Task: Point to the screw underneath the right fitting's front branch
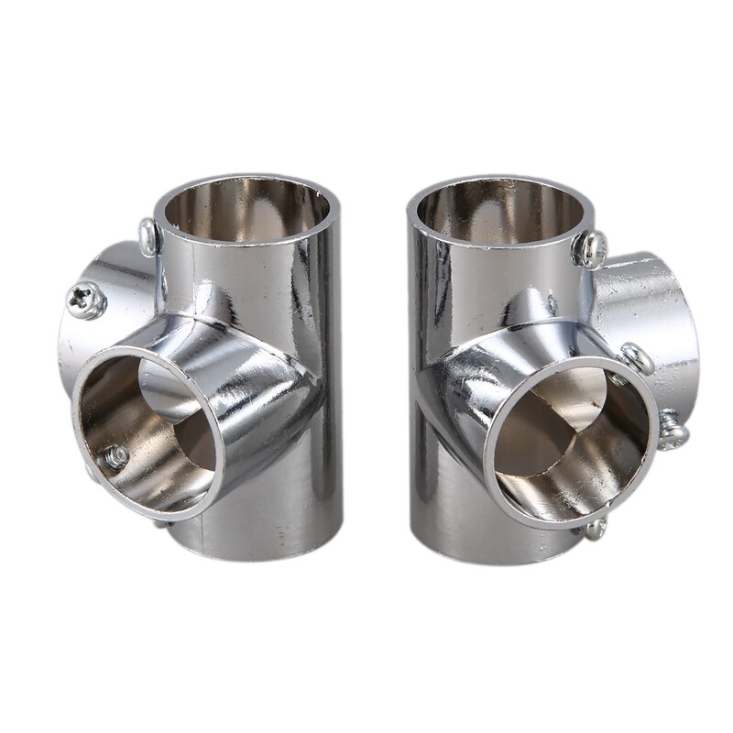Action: tap(596, 526)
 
